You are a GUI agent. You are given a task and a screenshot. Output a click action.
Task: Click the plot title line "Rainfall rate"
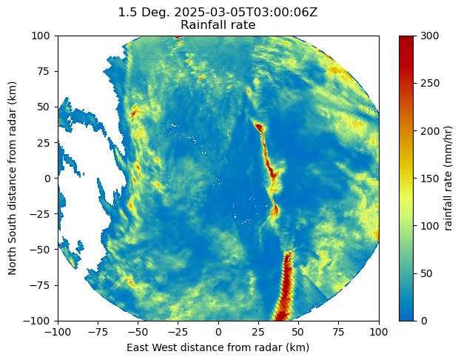coord(218,25)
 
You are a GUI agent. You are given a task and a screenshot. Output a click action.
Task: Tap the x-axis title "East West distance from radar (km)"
coord(218,347)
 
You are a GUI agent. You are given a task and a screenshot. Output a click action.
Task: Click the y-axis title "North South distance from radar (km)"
coord(13,178)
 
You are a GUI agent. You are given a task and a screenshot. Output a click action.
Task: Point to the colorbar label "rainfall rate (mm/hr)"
coord(447,178)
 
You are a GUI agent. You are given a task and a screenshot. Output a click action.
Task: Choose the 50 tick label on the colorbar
coord(425,273)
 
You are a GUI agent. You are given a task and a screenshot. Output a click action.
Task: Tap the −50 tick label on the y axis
coord(41,250)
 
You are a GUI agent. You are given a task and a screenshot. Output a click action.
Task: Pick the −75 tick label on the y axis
coord(41,285)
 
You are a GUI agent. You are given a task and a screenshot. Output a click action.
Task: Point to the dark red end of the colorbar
coord(406,41)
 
